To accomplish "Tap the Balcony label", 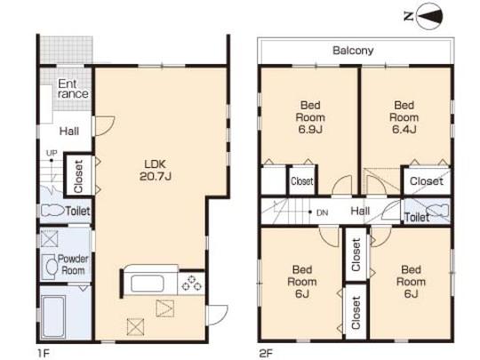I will point(354,51).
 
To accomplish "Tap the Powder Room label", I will point(73,264).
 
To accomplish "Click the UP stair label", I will point(52,153).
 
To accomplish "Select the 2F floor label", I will point(264,350).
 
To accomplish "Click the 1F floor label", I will point(41,350).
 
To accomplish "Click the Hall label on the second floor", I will point(360,211).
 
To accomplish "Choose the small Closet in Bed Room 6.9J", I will point(302,180).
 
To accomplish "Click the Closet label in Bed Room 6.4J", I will point(426,181).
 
